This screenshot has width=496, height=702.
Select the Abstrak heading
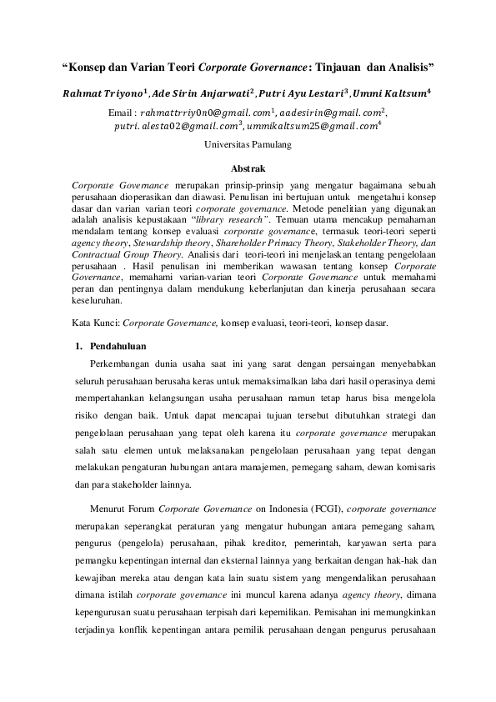pos(248,169)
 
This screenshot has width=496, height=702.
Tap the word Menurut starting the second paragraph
pos(109,506)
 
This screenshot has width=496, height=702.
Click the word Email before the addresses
pos(123,112)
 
